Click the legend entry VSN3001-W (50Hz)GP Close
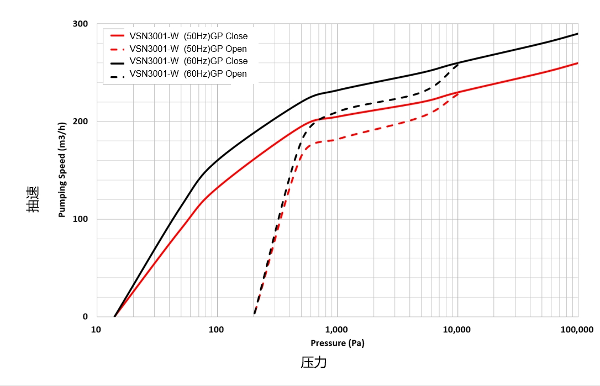click(188, 36)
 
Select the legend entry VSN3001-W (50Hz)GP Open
click(188, 49)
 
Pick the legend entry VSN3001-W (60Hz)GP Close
click(188, 61)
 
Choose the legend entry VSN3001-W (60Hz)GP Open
click(188, 73)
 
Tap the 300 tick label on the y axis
click(81, 24)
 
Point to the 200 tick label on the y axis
click(81, 121)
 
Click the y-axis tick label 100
click(81, 219)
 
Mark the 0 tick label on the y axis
click(85, 316)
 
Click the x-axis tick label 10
click(96, 330)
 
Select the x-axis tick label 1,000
click(336, 330)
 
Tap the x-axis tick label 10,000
click(457, 330)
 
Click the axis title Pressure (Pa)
click(337, 343)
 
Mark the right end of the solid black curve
click(577, 34)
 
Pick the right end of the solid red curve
click(577, 63)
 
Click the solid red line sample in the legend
click(117, 36)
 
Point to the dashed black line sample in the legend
click(117, 73)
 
